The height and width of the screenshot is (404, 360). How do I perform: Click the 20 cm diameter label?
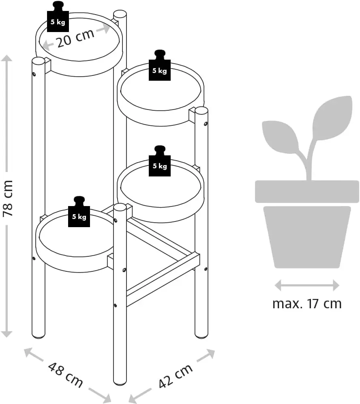pyautogui.click(x=75, y=38)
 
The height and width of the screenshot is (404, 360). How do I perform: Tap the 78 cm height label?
pyautogui.click(x=8, y=198)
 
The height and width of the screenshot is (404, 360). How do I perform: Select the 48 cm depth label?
pyautogui.click(x=65, y=374)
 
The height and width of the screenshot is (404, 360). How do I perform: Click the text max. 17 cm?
pyautogui.click(x=307, y=303)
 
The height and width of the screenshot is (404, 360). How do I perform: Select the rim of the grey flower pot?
pyautogui.click(x=307, y=191)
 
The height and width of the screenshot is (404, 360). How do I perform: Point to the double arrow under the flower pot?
pyautogui.click(x=307, y=285)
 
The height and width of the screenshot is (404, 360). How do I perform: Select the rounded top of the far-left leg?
pyautogui.click(x=39, y=61)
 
